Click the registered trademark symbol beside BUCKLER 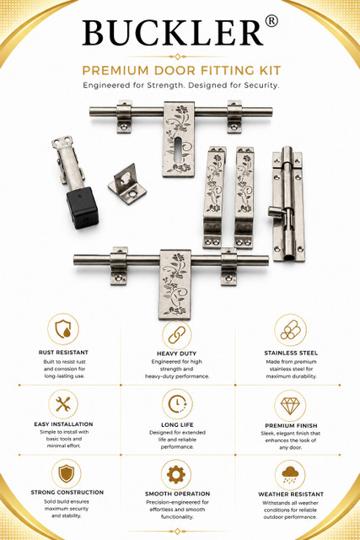tap(271, 21)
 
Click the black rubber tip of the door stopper tap(83, 208)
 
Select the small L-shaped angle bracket tap(127, 184)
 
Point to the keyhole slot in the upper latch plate tap(178, 150)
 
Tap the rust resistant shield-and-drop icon tap(63, 329)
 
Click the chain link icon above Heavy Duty tap(177, 335)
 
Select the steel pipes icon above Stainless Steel tap(290, 330)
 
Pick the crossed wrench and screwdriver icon tap(63, 404)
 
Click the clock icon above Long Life tap(177, 404)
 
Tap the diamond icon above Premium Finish tap(290, 405)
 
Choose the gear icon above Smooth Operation tap(176, 474)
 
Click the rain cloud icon tap(290, 475)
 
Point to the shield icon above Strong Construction tap(67, 473)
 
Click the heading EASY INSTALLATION tap(63, 424)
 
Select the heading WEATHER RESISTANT tap(291, 494)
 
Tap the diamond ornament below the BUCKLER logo tap(177, 57)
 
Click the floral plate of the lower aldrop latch tap(175, 284)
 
